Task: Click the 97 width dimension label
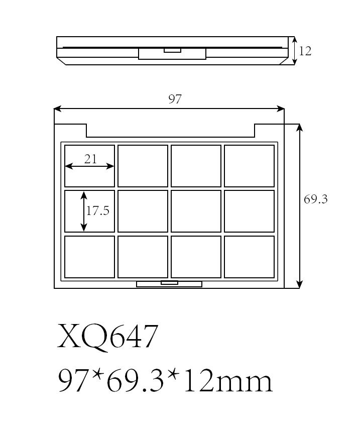pyautogui.click(x=175, y=99)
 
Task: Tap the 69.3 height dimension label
pyautogui.click(x=315, y=199)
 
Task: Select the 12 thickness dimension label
pyautogui.click(x=305, y=51)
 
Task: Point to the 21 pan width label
pyautogui.click(x=90, y=159)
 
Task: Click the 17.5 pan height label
pyautogui.click(x=98, y=210)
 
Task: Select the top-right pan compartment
pyautogui.click(x=249, y=166)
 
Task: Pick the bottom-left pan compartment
pyautogui.click(x=89, y=257)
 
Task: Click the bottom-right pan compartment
pyautogui.click(x=249, y=257)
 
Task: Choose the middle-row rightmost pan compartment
pyautogui.click(x=249, y=211)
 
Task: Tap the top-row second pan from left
pyautogui.click(x=143, y=166)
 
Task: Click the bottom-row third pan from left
pyautogui.click(x=196, y=257)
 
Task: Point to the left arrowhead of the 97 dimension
pyautogui.click(x=58, y=109)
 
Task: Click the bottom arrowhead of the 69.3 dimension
pyautogui.click(x=299, y=284)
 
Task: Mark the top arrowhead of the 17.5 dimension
pyautogui.click(x=84, y=195)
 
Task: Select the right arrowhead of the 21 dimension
pyautogui.click(x=110, y=166)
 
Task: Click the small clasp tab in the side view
pyautogui.click(x=172, y=50)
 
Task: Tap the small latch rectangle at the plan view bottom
pyautogui.click(x=169, y=283)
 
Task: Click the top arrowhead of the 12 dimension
pyautogui.click(x=295, y=40)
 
